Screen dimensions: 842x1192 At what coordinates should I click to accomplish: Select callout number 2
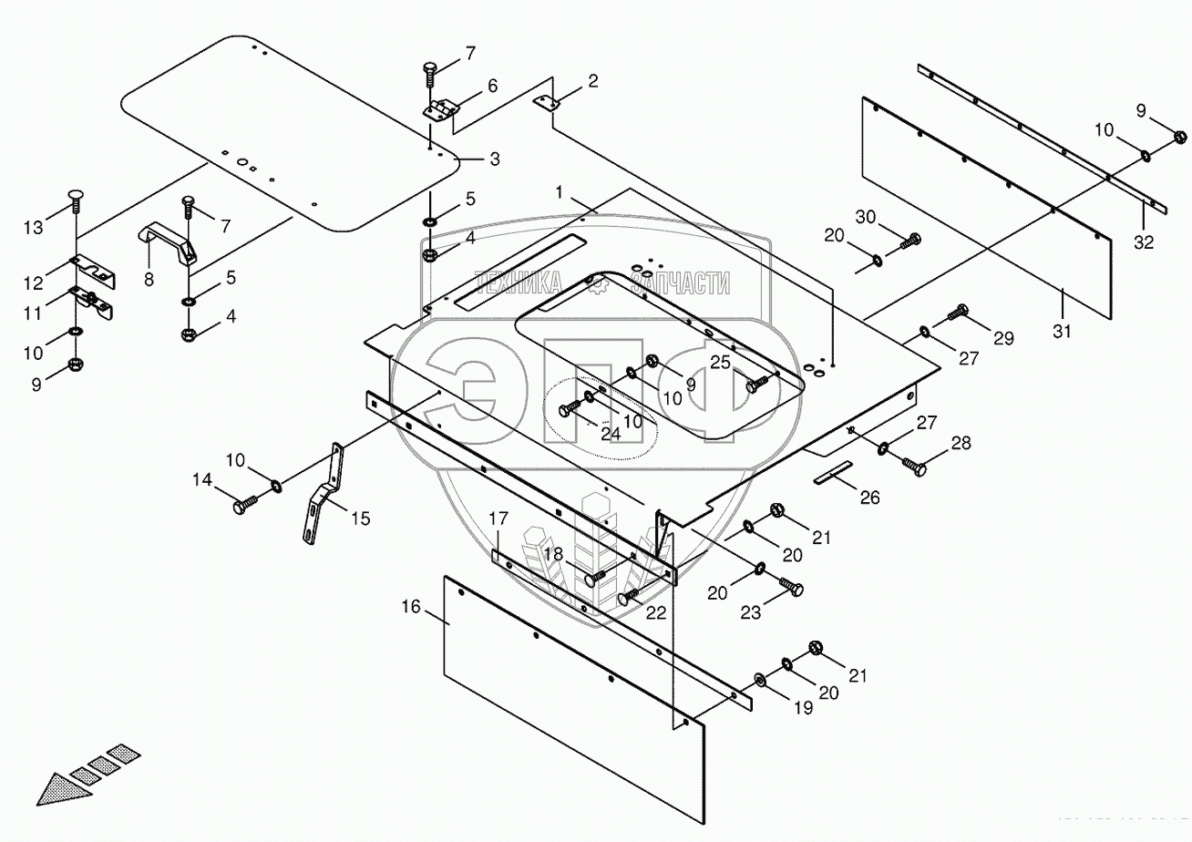(592, 82)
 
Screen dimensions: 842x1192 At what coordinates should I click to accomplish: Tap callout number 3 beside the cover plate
(494, 159)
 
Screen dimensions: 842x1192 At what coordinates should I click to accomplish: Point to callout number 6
(492, 86)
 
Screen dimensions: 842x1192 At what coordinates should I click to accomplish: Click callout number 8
(149, 280)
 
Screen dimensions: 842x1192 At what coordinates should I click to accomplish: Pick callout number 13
(33, 228)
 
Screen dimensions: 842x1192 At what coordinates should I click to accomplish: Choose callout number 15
(361, 519)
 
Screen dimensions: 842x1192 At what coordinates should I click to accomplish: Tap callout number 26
(870, 498)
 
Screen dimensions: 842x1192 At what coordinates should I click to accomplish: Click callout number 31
(1061, 332)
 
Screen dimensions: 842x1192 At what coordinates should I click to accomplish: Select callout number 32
(1144, 243)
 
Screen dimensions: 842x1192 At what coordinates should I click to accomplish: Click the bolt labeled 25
(757, 385)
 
